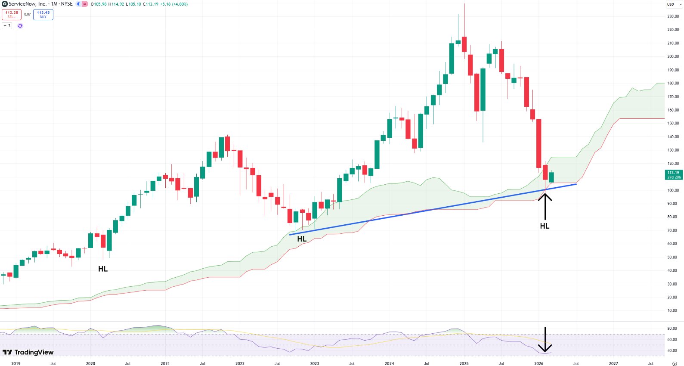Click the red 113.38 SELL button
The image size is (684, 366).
[x=12, y=15]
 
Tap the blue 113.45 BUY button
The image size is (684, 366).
[x=43, y=15]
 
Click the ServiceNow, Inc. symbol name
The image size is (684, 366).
[x=28, y=4]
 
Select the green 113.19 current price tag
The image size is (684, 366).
[x=673, y=175]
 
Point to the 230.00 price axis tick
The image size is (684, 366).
[x=673, y=16]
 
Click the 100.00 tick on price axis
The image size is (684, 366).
[x=673, y=190]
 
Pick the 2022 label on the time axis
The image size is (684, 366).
[x=240, y=363]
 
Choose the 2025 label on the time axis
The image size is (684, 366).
[x=464, y=363]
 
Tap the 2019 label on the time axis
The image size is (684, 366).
[x=16, y=363]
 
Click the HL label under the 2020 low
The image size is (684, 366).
[x=103, y=269]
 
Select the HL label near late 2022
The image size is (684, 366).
[x=302, y=239]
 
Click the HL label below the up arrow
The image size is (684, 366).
[x=545, y=226]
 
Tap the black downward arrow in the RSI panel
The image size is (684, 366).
[x=545, y=340]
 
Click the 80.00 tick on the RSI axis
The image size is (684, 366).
[x=672, y=329]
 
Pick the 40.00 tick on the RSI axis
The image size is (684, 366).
[x=672, y=351]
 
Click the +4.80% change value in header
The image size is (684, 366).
[x=180, y=4]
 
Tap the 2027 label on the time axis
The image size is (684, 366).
[x=613, y=363]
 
